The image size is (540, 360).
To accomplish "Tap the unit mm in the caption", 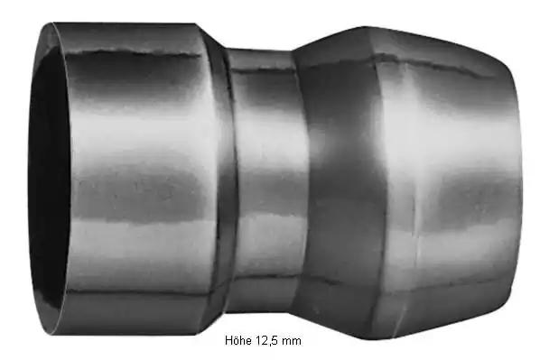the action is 292,341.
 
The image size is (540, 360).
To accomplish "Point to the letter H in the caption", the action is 229,340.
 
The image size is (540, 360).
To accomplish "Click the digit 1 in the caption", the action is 258,340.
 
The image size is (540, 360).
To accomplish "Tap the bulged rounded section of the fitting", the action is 406,182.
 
